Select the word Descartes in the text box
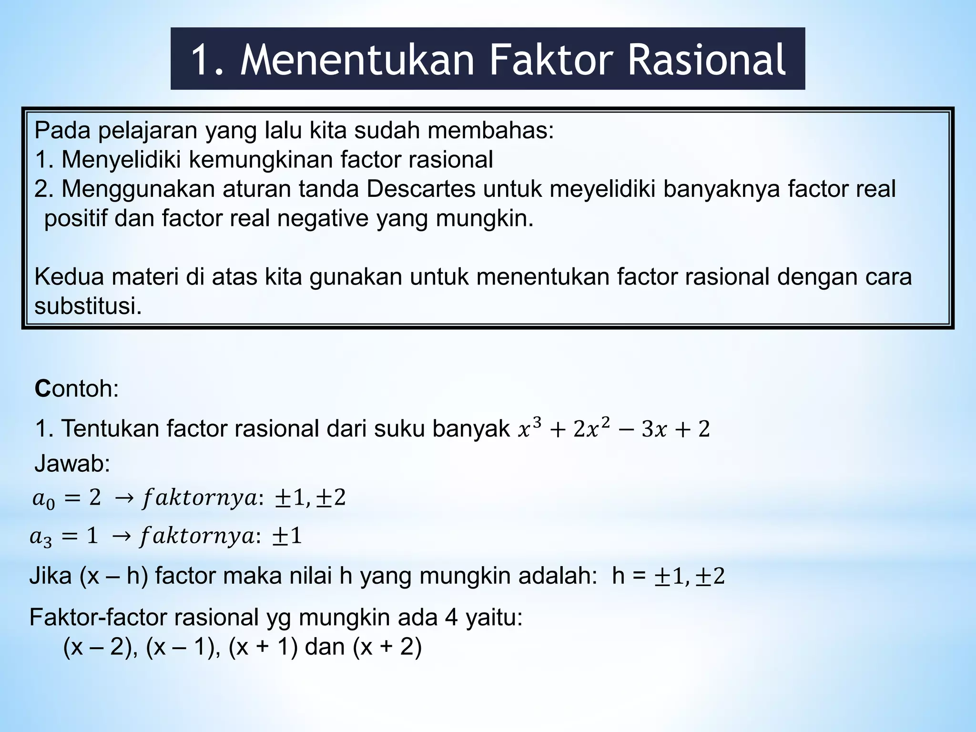pyautogui.click(x=421, y=189)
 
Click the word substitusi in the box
pyautogui.click(x=88, y=306)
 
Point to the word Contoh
pyautogui.click(x=76, y=389)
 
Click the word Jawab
pyautogui.click(x=72, y=464)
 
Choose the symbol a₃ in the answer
pyautogui.click(x=41, y=538)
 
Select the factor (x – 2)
pyautogui.click(x=97, y=647)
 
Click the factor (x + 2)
pyautogui.click(x=387, y=647)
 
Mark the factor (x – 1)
pyautogui.click(x=180, y=647)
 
